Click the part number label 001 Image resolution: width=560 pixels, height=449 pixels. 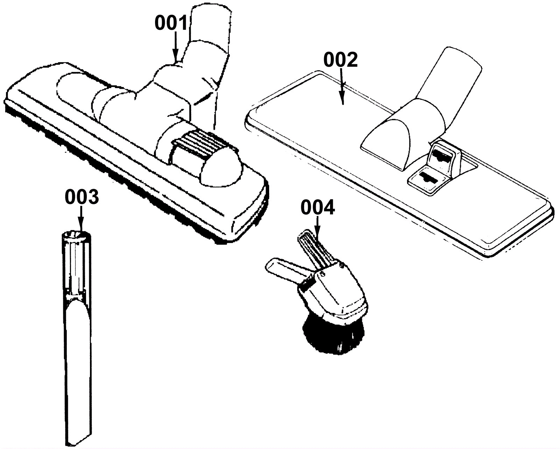coord(171,23)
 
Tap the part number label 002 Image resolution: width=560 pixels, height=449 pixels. coord(340,60)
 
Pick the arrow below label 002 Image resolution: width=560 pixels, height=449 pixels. coord(342,87)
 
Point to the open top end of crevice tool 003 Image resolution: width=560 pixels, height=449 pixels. coord(76,236)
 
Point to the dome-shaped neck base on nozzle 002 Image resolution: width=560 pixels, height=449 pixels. coord(388,138)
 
